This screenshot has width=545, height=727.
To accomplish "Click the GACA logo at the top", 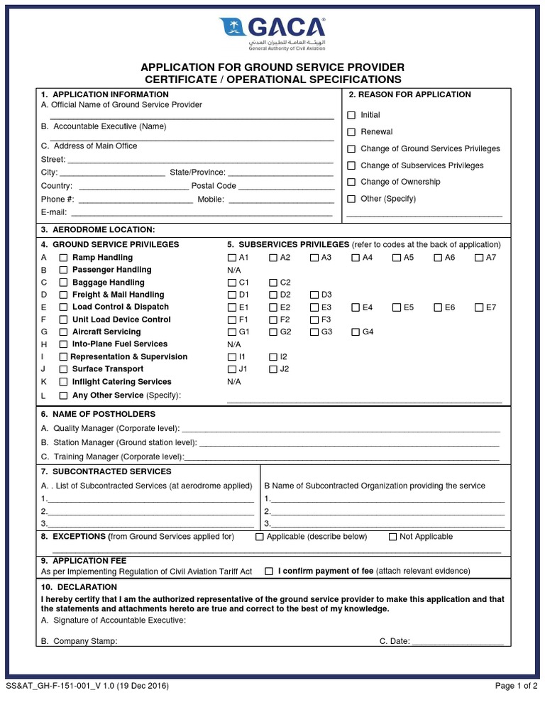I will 272,33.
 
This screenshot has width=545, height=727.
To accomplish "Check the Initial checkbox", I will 351,115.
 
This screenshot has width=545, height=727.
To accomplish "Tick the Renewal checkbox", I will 351,132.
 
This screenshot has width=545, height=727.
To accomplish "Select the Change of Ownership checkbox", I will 351,182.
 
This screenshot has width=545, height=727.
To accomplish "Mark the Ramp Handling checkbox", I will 63,258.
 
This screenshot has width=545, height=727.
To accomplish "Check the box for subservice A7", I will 480,258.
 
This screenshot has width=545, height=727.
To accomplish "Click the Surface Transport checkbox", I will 63,369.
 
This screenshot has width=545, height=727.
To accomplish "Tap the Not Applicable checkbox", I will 393,537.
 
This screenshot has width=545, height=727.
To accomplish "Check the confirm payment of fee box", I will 269,571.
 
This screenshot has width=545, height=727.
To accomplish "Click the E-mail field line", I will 202,214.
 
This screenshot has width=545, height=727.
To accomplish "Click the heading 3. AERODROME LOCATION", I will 97,229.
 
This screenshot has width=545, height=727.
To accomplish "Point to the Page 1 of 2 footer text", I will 516,687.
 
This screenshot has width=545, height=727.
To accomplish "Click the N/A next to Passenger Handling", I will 234,270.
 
